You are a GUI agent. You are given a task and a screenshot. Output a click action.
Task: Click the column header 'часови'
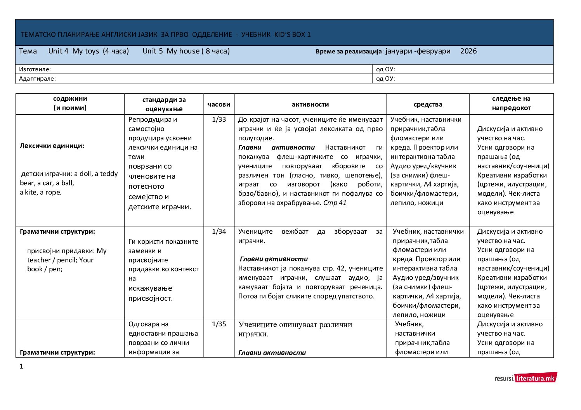(x=219, y=104)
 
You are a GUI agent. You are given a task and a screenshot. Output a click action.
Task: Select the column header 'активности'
(x=310, y=104)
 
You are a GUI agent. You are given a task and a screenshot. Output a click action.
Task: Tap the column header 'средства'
(x=428, y=104)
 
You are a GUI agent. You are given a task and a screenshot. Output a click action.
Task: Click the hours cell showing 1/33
(x=219, y=119)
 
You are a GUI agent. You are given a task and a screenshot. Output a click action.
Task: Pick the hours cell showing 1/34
(x=219, y=231)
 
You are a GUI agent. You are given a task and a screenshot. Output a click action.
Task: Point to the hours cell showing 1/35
(x=219, y=324)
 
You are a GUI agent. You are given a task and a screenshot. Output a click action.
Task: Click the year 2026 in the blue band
(x=468, y=51)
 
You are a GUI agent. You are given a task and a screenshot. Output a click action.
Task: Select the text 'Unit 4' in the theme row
(x=58, y=51)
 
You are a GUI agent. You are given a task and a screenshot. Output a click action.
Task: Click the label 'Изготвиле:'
(x=35, y=69)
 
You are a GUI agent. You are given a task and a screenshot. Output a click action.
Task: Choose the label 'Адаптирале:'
(x=37, y=79)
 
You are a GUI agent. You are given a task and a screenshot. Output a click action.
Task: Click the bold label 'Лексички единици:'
(x=52, y=146)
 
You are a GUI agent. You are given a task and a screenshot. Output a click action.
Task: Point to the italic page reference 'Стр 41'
(x=335, y=203)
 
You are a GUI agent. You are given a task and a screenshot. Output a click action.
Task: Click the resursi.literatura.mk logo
(x=526, y=378)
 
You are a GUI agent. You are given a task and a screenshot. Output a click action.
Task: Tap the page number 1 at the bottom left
(x=21, y=366)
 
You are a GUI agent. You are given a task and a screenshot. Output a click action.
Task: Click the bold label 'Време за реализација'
(x=349, y=52)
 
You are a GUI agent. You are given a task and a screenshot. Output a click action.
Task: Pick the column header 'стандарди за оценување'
(x=164, y=104)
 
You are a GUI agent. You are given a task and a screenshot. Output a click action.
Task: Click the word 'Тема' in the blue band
(x=28, y=51)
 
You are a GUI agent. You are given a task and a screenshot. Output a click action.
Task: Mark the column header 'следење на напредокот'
(x=511, y=103)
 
